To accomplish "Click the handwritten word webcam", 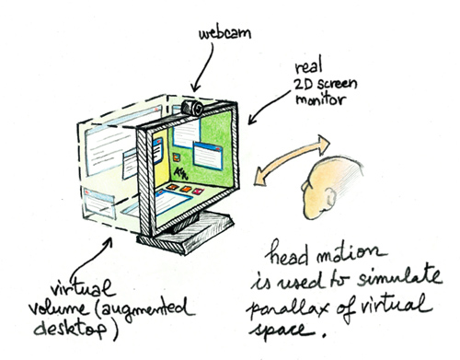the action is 224,33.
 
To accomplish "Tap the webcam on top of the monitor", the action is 192,108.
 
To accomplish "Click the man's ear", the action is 330,197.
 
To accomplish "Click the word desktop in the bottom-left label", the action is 71,330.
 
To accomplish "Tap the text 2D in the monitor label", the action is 304,84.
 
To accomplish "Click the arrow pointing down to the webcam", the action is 202,67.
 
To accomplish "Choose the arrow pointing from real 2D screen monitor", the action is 268,107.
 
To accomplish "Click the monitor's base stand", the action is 186,232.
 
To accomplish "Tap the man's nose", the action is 305,187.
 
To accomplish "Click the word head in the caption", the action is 288,255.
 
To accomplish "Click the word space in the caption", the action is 282,331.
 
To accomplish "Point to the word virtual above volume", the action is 81,288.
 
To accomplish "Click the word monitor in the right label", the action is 321,99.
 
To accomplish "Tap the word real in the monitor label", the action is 308,67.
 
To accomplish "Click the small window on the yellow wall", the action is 157,150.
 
